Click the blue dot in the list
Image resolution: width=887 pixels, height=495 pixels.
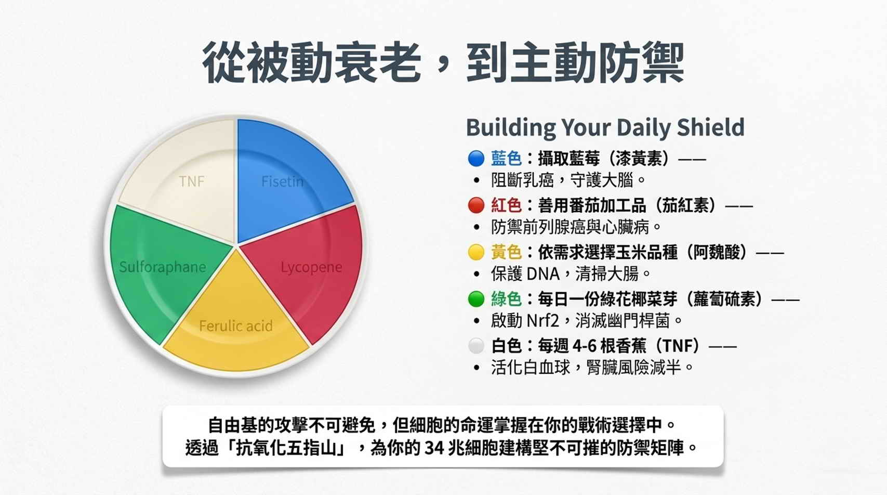point(476,159)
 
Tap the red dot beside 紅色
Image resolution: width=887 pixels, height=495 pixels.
point(476,205)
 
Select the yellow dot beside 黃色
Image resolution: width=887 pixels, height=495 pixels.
point(476,252)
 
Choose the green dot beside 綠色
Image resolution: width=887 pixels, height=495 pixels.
point(476,299)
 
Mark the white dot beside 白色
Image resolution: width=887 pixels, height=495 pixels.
point(476,346)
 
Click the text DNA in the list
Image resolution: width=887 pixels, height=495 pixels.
point(543,274)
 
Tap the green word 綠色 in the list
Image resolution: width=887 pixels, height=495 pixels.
point(506,299)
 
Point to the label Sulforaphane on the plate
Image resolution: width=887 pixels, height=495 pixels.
point(162,267)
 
